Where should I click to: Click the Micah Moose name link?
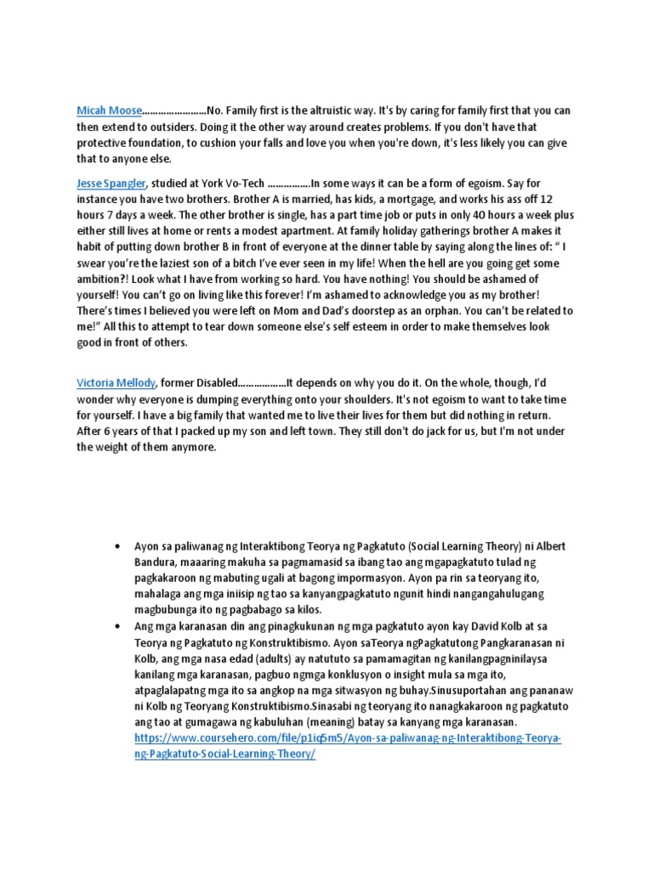click(x=108, y=110)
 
